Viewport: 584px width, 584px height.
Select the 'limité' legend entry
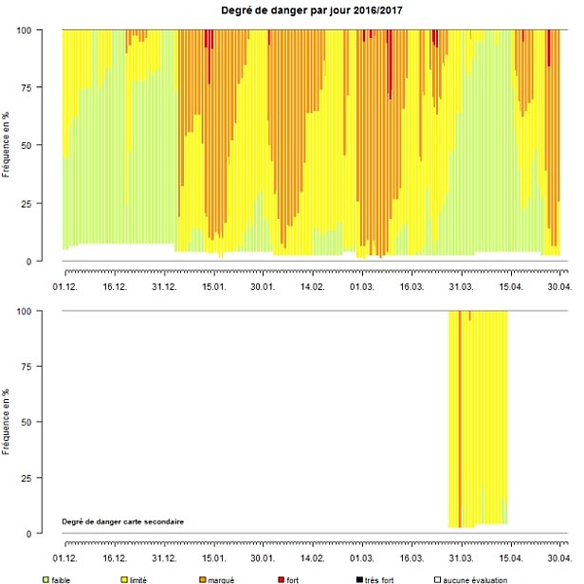(138, 579)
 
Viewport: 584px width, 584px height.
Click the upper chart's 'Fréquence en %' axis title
(8, 145)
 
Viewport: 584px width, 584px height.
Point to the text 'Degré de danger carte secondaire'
(122, 521)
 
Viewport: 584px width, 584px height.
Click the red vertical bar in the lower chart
(460, 417)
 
